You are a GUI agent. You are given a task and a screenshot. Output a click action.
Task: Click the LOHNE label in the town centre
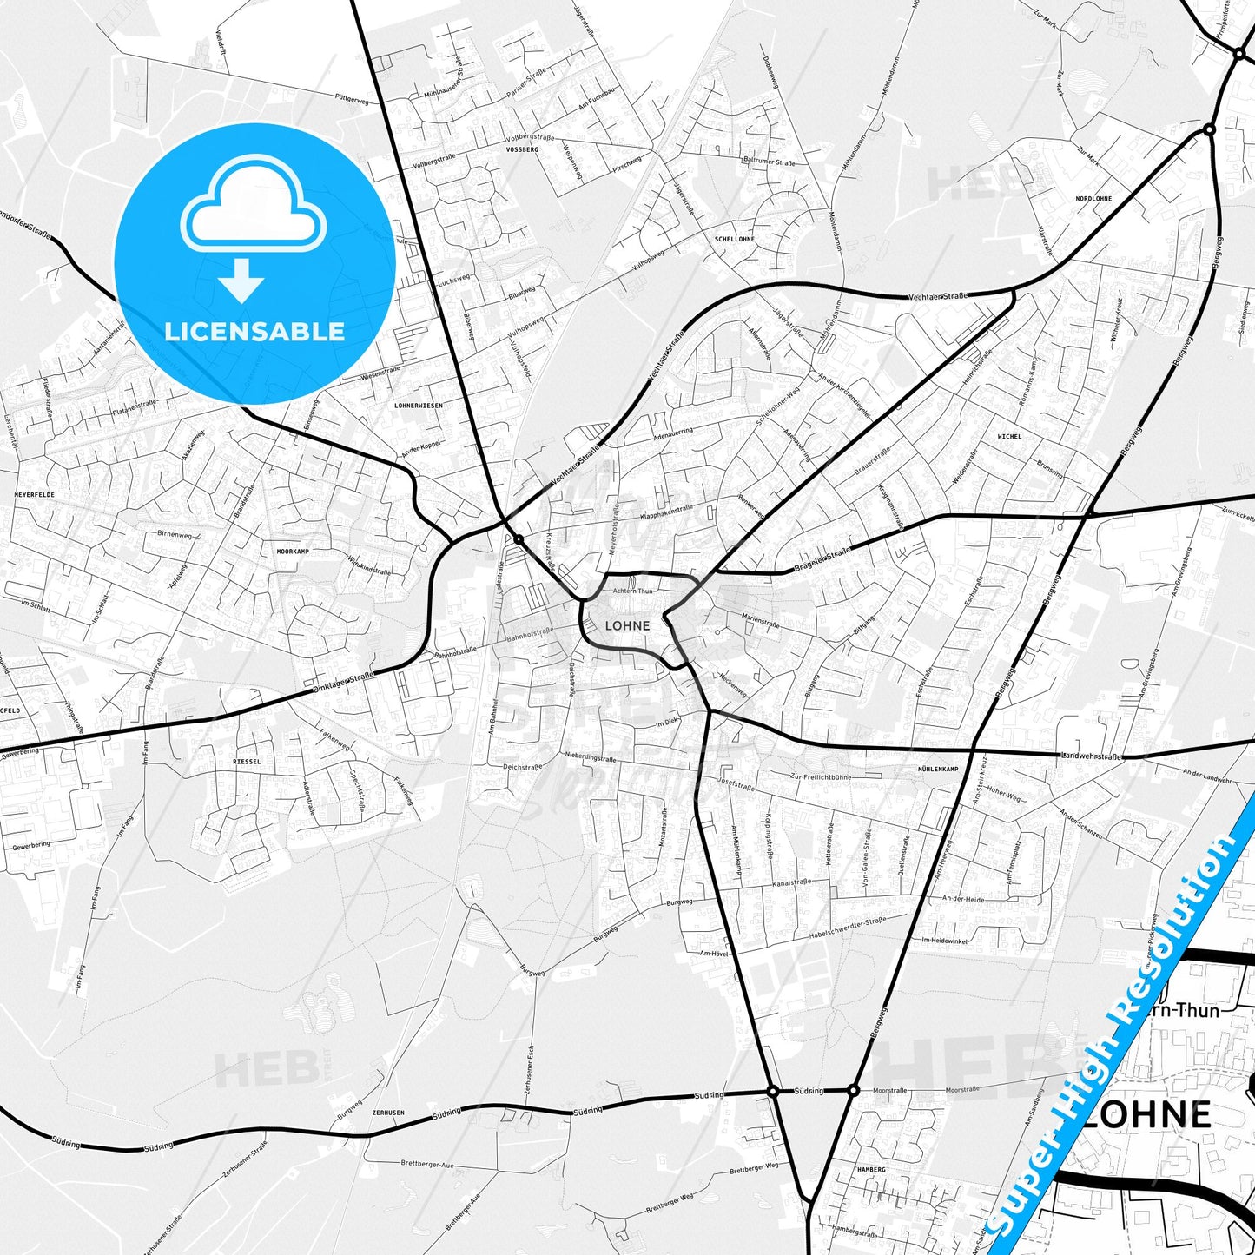(627, 625)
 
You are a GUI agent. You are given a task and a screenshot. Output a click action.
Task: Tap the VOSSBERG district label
(522, 149)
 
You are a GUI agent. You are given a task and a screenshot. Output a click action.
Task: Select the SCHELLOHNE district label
(734, 239)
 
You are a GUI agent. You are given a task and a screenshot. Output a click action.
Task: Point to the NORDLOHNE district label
(1093, 199)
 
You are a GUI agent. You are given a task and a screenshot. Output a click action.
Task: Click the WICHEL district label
(1009, 436)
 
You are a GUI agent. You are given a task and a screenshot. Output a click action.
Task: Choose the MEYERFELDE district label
(35, 493)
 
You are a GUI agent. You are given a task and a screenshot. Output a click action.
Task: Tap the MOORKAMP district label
(293, 552)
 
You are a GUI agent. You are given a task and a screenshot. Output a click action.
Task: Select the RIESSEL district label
(247, 761)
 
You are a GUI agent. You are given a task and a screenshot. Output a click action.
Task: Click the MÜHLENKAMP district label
(938, 770)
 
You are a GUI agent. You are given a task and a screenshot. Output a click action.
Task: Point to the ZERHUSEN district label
(387, 1113)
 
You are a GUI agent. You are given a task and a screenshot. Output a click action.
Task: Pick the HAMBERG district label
(870, 1170)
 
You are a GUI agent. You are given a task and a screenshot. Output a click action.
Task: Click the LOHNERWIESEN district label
(419, 406)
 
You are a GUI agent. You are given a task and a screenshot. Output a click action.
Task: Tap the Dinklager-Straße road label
(343, 682)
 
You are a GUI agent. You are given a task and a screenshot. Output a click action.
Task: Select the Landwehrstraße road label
(1091, 756)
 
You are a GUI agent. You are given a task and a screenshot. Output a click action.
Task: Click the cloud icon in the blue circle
(253, 207)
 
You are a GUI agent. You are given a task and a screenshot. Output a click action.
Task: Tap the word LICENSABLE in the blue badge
(254, 331)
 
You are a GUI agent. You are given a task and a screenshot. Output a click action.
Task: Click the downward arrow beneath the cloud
(241, 281)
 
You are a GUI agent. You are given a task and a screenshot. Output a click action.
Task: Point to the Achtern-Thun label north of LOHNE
(632, 591)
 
